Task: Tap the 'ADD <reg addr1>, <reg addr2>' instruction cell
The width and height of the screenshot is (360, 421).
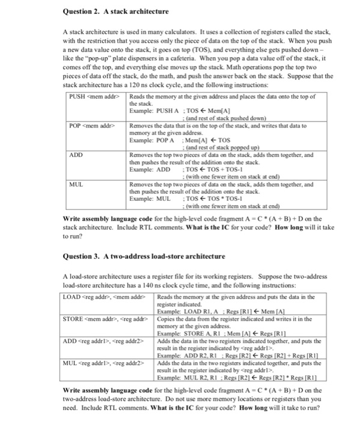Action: click(x=103, y=340)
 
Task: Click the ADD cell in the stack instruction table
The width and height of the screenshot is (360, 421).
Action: click(x=76, y=154)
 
